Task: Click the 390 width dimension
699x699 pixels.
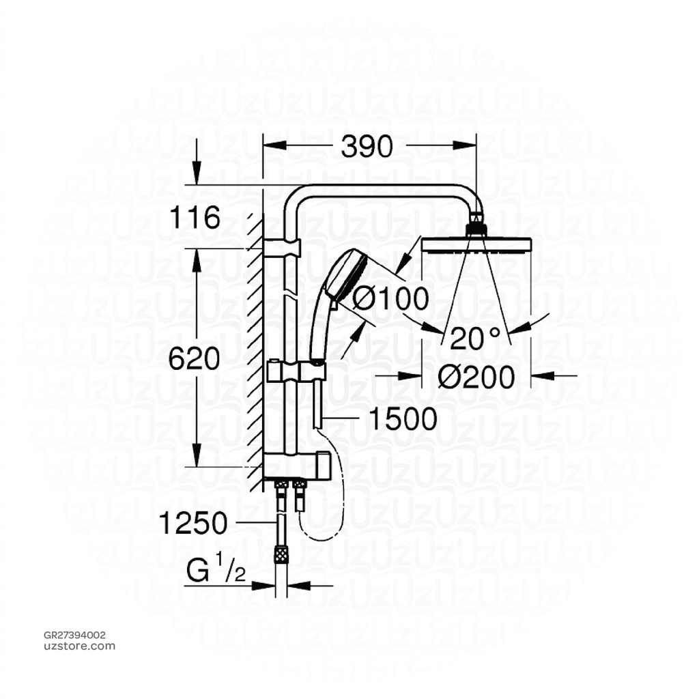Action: point(367,146)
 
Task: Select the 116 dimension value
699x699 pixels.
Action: point(195,219)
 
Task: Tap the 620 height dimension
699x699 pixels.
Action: point(195,358)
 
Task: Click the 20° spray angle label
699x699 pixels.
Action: point(475,337)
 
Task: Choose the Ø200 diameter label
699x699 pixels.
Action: point(475,375)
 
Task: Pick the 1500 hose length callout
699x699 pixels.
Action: point(402,419)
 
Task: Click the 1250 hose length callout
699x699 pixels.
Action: point(192,524)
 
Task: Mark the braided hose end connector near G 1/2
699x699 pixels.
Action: point(279,555)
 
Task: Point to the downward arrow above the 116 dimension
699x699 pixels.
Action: point(197,164)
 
